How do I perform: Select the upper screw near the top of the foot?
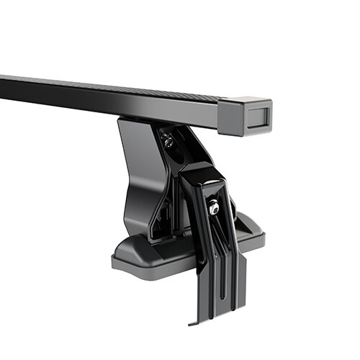pyautogui.click(x=168, y=142)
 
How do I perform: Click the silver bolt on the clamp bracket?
pyautogui.click(x=213, y=208)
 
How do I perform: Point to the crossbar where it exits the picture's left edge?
pyautogui.click(x=4, y=84)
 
